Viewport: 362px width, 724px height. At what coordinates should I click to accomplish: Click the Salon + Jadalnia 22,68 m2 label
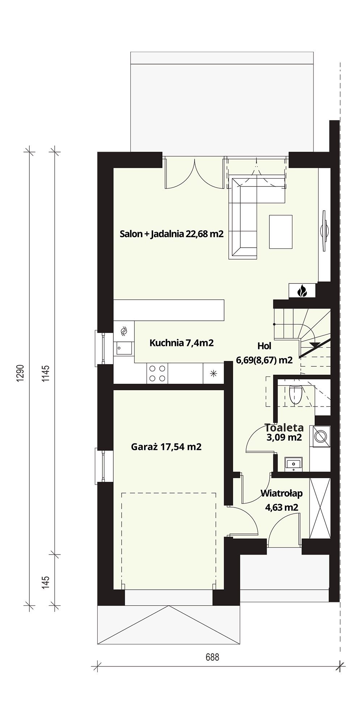point(172,234)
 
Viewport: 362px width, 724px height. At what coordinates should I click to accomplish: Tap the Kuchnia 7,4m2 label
point(182,342)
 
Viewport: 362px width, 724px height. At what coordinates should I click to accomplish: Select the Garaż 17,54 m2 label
point(166,447)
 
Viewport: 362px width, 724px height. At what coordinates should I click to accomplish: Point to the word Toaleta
point(284,428)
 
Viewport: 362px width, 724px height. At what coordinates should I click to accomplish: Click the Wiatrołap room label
point(282,493)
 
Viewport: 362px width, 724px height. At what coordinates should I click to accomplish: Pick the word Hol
point(264,346)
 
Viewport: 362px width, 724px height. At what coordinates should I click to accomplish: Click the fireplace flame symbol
point(302,290)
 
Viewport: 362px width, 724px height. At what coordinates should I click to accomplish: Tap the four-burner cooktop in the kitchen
point(157,373)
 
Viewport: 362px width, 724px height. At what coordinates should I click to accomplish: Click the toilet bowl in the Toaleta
point(296,395)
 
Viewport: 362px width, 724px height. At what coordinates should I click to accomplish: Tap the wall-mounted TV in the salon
point(325,229)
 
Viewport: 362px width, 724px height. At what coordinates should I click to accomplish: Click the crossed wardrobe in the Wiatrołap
point(320,508)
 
